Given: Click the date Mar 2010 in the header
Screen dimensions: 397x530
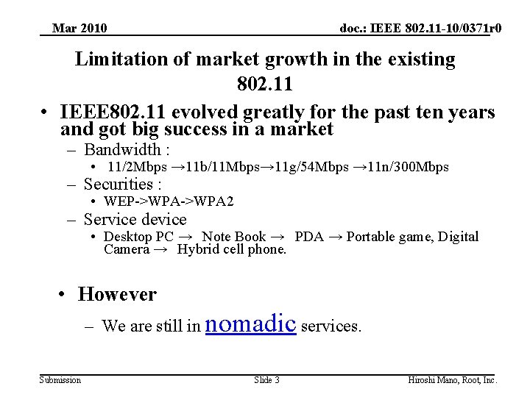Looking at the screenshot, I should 79,29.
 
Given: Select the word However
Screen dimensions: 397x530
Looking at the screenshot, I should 117,294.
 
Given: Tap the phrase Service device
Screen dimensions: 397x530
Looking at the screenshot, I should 135,219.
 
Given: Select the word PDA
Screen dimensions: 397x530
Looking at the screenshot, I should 309,237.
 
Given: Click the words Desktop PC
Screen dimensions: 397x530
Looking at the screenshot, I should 138,237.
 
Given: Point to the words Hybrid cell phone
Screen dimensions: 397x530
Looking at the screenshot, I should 232,249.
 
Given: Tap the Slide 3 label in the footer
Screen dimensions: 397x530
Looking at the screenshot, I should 266,380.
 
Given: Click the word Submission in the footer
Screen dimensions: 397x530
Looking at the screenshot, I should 60,380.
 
